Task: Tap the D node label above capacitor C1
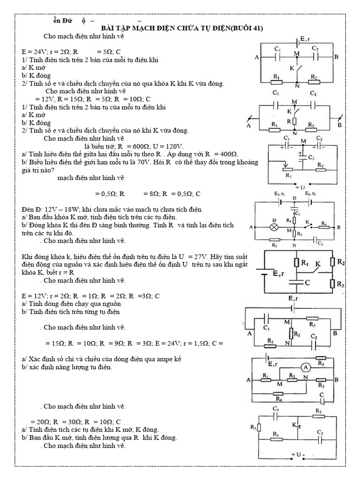click(x=294, y=198)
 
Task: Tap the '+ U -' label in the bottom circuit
click(x=298, y=455)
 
